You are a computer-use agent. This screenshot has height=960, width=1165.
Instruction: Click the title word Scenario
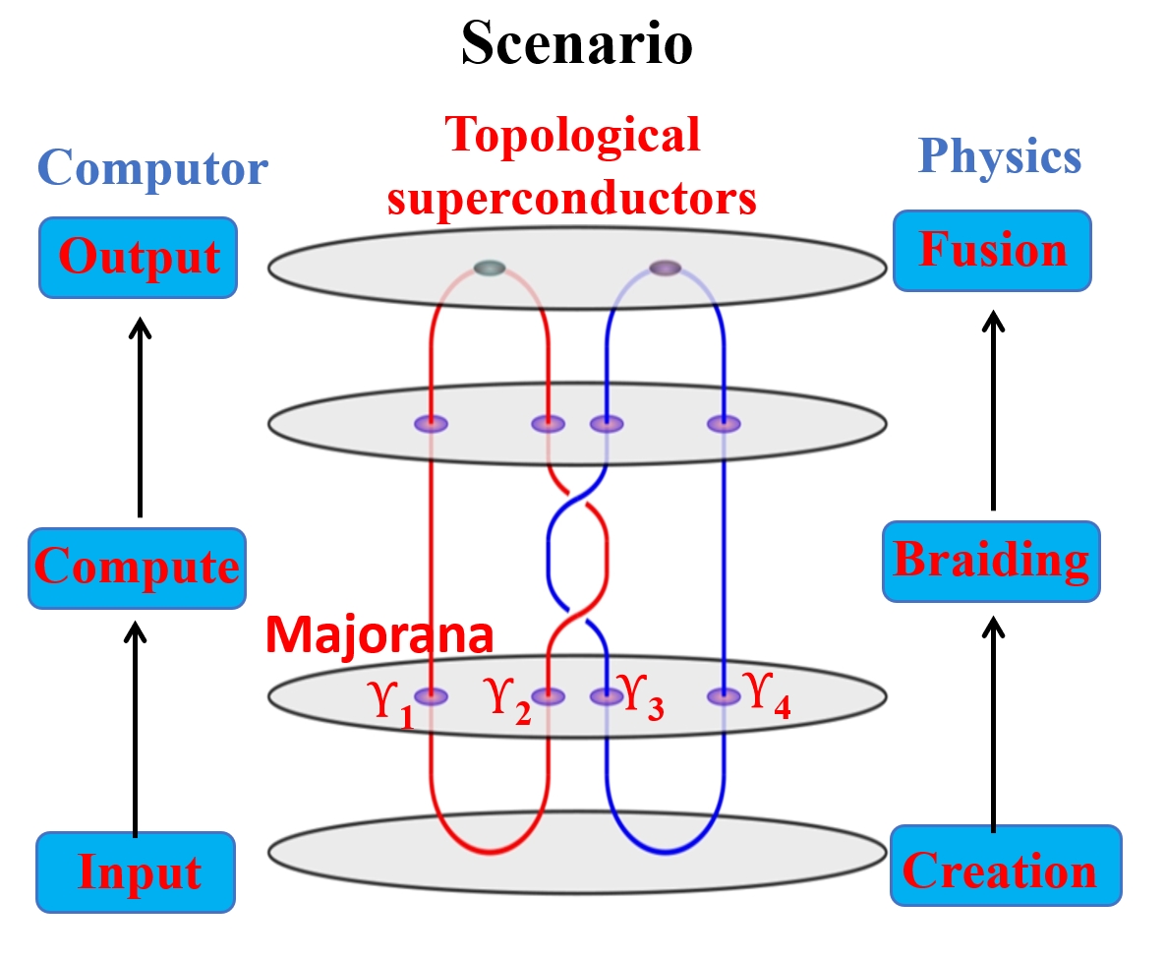pos(577,44)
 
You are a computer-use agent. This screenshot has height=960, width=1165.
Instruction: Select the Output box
pos(138,257)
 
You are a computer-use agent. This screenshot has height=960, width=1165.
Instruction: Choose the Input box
pos(137,871)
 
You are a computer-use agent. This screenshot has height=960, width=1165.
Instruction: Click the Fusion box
pos(992,250)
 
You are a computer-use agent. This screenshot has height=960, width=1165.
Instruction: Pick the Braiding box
pos(991,561)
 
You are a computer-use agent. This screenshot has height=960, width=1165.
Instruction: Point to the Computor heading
pos(154,168)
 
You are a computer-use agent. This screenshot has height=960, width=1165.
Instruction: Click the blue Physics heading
pos(999,156)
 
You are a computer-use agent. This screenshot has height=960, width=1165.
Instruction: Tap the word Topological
pos(572,136)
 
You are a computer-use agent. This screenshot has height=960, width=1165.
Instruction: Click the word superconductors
pos(572,197)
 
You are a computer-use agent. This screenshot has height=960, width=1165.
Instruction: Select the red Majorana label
pos(379,635)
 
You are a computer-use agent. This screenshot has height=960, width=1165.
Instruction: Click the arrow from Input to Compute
pos(138,728)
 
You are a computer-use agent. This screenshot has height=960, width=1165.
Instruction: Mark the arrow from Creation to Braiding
pos(995,723)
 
